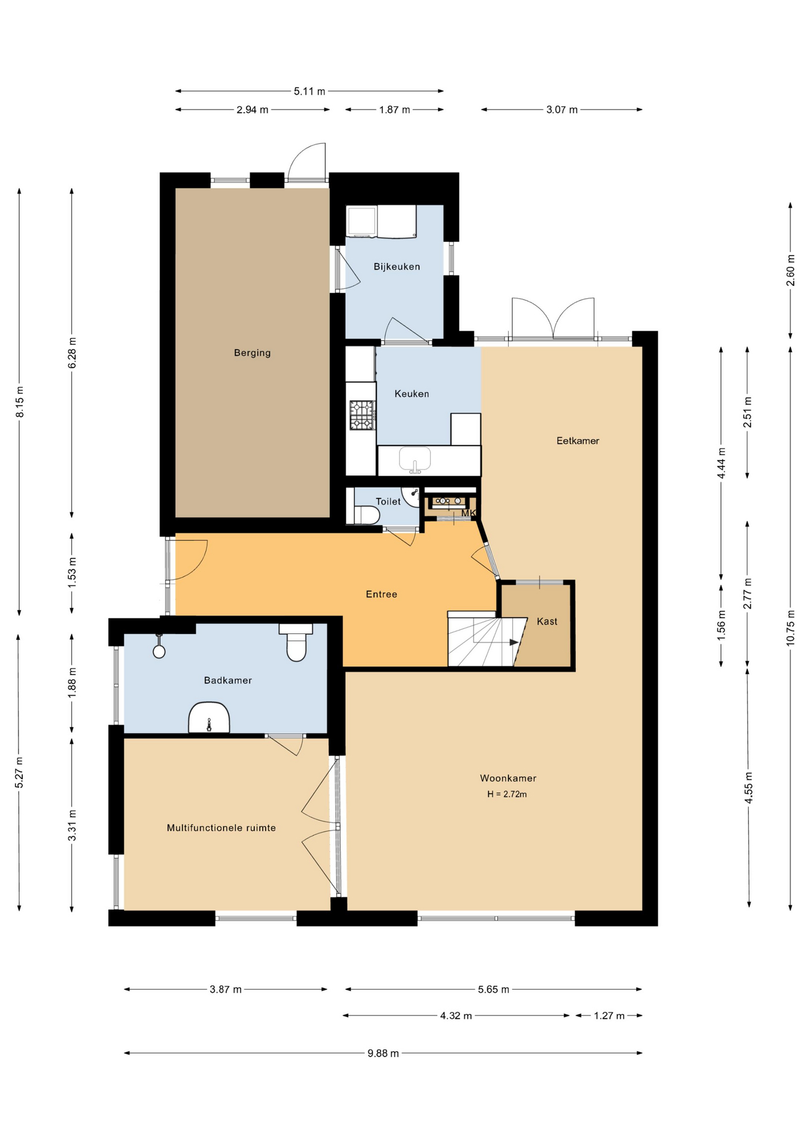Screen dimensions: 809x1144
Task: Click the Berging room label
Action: point(252,353)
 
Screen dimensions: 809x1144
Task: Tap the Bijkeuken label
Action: point(397,266)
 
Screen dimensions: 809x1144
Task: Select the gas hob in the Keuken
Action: point(362,415)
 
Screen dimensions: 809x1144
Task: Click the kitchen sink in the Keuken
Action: point(415,460)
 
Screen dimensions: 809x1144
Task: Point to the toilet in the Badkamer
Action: point(296,642)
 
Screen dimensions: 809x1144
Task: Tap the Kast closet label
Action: point(547,621)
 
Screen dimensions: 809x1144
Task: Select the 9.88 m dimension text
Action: point(383,1053)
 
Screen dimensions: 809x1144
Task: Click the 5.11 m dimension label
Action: point(309,91)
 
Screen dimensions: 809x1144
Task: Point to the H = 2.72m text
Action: point(507,794)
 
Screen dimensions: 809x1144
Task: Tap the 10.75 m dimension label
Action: point(791,627)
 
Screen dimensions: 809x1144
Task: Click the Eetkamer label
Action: point(578,441)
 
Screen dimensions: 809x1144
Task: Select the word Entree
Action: point(381,594)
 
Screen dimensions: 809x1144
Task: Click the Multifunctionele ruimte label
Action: point(221,828)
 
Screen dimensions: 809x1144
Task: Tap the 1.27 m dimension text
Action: point(609,1016)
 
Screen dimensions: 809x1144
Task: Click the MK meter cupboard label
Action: point(469,513)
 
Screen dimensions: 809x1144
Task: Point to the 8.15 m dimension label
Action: point(20,402)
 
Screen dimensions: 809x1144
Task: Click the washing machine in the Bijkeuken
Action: point(362,220)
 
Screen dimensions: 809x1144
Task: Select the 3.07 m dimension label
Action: point(562,110)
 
